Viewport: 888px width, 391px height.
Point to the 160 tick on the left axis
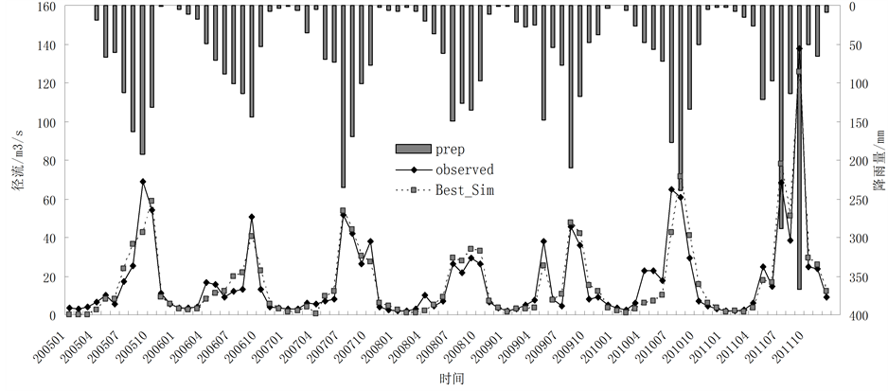click(x=45, y=7)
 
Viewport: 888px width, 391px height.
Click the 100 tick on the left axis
click(x=45, y=123)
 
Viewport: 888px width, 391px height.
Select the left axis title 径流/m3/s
click(x=16, y=161)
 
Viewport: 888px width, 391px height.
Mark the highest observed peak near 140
click(x=799, y=47)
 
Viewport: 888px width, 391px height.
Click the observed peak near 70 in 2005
click(x=142, y=181)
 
